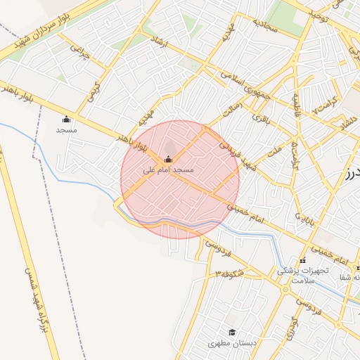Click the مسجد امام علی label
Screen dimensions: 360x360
tap(168, 170)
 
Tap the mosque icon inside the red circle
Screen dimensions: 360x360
tap(167, 159)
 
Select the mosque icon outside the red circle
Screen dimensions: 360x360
tap(66, 119)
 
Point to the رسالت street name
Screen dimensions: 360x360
tap(231, 110)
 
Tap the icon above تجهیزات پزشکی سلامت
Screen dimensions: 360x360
tap(303, 261)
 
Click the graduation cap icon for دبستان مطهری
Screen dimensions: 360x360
tap(231, 333)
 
